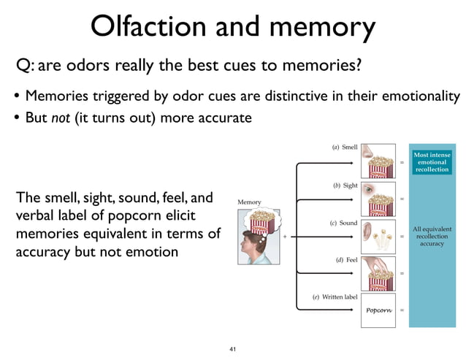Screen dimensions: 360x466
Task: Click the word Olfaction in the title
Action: pyautogui.click(x=150, y=27)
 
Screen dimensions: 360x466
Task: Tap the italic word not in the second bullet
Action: pyautogui.click(x=60, y=117)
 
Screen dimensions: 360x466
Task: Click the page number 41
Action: pyautogui.click(x=233, y=350)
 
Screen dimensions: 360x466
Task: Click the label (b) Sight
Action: pyautogui.click(x=345, y=185)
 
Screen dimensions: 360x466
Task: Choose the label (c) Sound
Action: pyautogui.click(x=344, y=223)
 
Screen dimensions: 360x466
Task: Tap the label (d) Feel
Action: pyautogui.click(x=345, y=259)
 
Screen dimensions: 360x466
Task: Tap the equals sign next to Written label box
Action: pyautogui.click(x=402, y=310)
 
